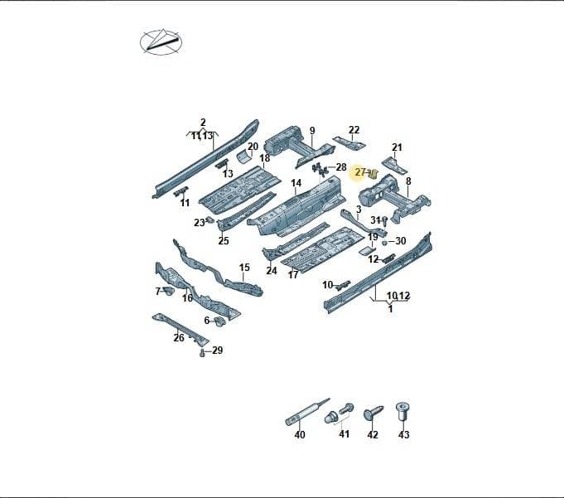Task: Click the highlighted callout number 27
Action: (x=360, y=172)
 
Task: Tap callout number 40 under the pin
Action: (x=300, y=435)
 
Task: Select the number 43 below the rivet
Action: (x=403, y=435)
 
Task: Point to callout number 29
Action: (x=217, y=351)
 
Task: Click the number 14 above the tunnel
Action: (x=296, y=183)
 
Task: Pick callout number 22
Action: (x=354, y=130)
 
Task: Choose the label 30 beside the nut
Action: (x=400, y=241)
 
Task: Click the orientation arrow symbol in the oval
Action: (x=161, y=42)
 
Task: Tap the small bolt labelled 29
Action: (x=202, y=353)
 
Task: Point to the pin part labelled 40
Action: (x=307, y=413)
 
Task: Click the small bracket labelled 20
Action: (x=243, y=157)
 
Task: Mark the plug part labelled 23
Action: (x=210, y=220)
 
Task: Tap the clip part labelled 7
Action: (x=168, y=291)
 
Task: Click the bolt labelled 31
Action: (x=384, y=221)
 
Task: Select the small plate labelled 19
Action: (x=368, y=251)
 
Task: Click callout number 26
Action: (x=179, y=337)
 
